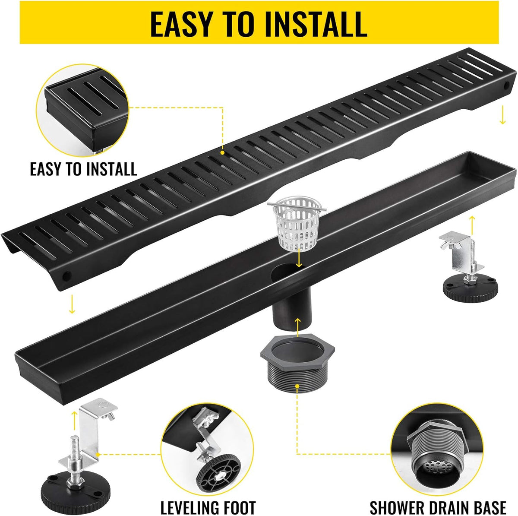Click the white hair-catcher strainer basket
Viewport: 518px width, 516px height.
click(x=297, y=223)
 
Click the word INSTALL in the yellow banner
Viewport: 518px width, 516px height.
click(x=316, y=25)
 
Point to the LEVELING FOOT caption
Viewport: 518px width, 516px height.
click(x=208, y=500)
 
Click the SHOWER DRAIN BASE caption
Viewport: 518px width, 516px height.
click(x=438, y=500)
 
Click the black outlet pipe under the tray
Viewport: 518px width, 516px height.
click(x=292, y=307)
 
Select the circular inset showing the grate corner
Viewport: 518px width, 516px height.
click(x=83, y=110)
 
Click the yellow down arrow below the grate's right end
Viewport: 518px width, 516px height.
click(x=502, y=118)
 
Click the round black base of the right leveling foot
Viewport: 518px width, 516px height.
click(x=470, y=290)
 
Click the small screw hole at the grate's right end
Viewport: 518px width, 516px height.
click(x=506, y=85)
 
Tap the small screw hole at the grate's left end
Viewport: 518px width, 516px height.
click(x=66, y=276)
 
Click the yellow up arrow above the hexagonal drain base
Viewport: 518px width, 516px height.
click(x=297, y=327)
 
